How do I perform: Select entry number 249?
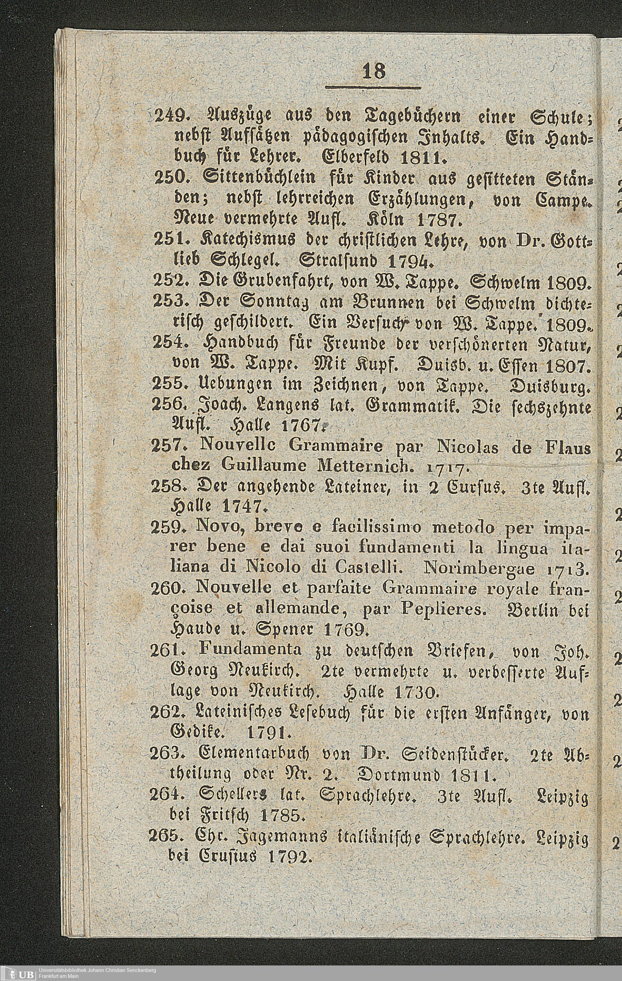(x=171, y=118)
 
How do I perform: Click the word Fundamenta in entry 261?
(x=250, y=651)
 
